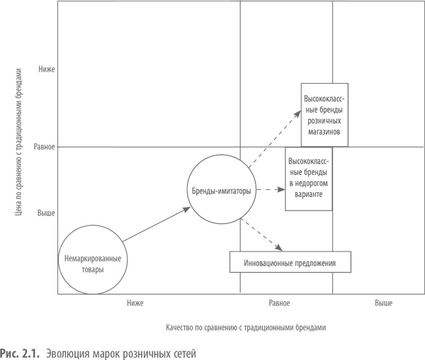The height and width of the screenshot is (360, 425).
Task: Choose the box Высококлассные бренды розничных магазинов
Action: pos(324,113)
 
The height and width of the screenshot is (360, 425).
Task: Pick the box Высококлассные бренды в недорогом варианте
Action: pos(310,179)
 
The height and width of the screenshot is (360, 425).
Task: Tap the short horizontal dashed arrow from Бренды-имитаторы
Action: pos(270,190)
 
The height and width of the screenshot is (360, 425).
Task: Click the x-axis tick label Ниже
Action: pos(135,303)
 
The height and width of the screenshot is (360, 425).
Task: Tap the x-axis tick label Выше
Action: pos(384,303)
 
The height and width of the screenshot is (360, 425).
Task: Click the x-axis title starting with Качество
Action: pos(246,328)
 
